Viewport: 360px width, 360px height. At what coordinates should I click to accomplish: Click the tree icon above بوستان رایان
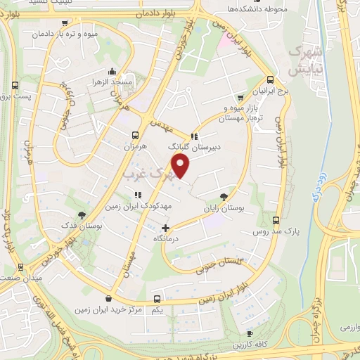pos(224,197)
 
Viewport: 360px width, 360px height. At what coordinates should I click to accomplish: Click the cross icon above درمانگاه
pos(166,227)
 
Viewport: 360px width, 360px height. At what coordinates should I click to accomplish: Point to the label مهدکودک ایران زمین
pos(139,207)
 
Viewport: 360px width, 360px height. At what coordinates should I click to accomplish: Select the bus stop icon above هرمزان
pos(134,135)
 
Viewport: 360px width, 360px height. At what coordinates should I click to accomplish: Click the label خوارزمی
pos(344,328)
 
